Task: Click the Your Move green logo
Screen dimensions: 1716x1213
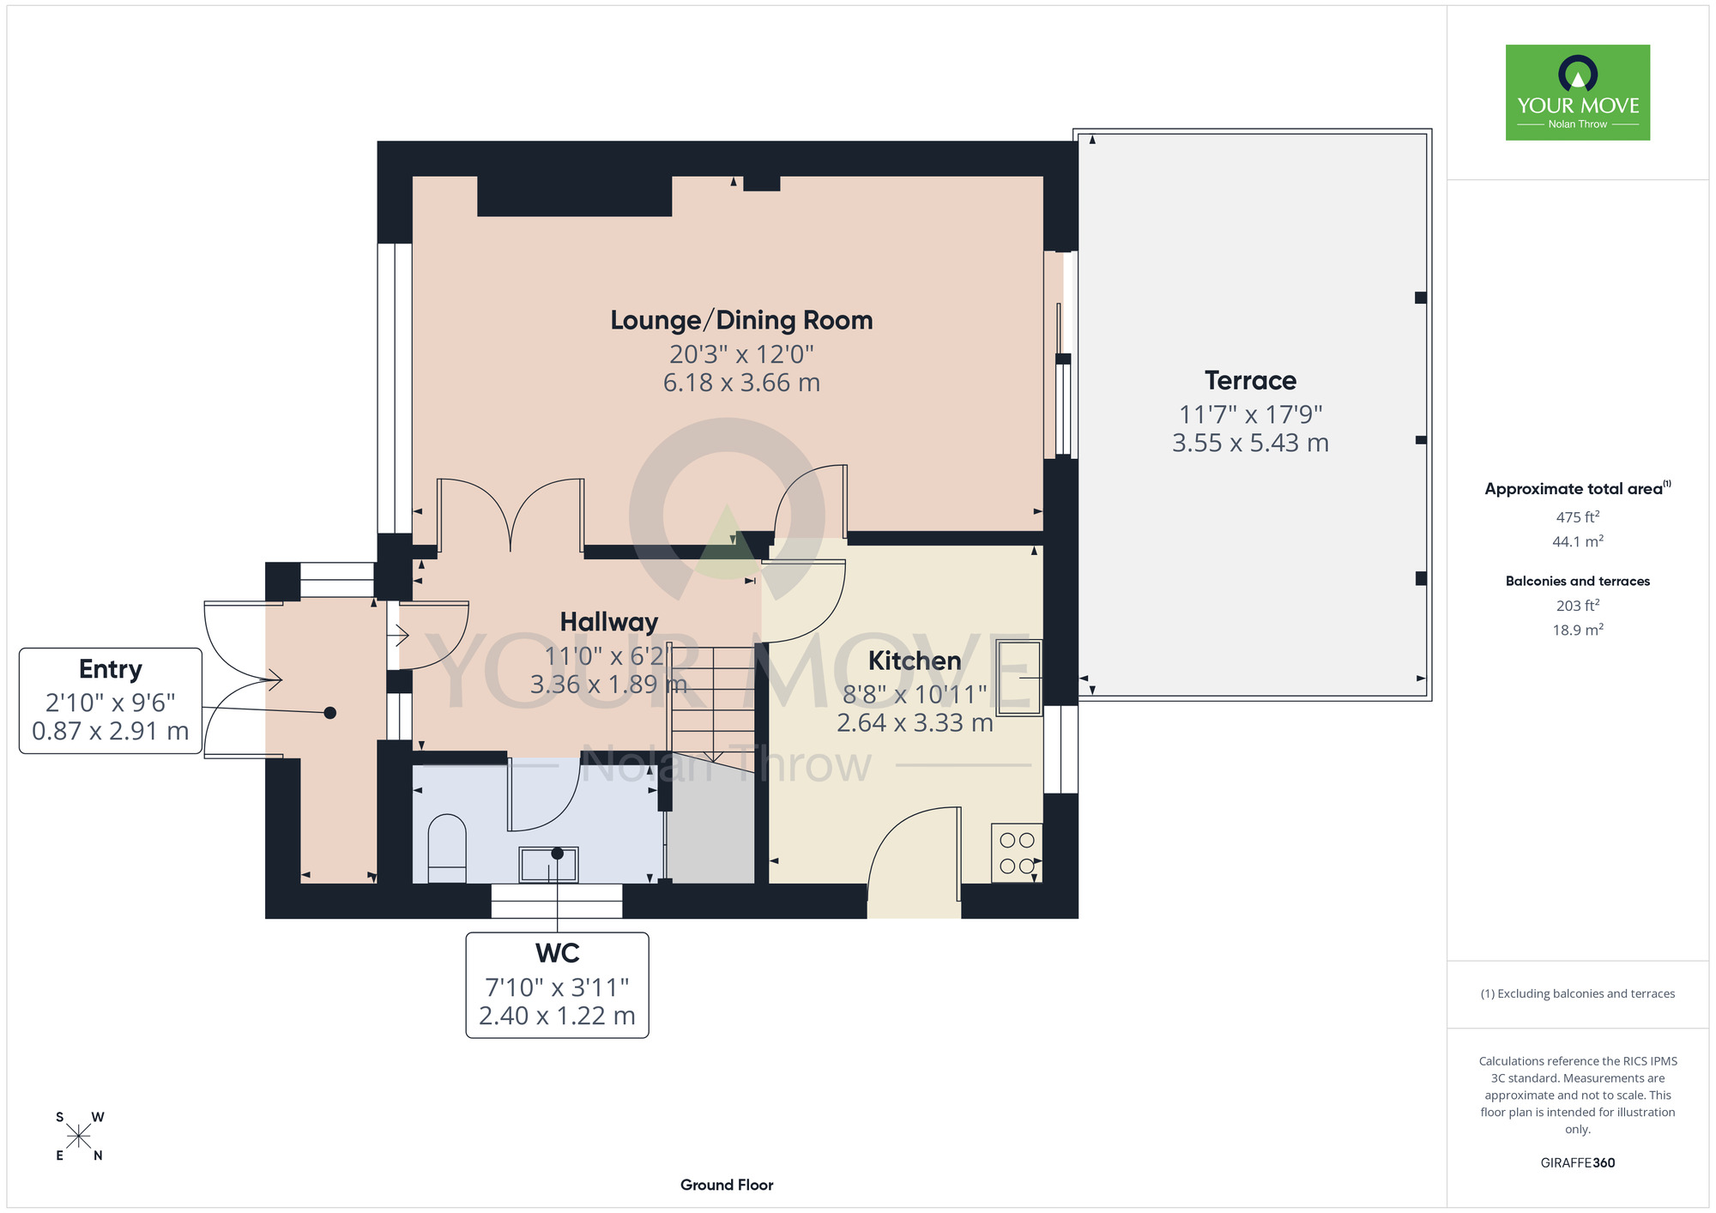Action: click(x=1578, y=93)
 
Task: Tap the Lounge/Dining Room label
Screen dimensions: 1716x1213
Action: click(x=741, y=320)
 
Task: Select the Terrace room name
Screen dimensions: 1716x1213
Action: click(x=1250, y=380)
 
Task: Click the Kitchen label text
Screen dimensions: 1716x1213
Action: click(x=915, y=661)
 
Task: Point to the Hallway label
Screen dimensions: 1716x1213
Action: click(x=609, y=622)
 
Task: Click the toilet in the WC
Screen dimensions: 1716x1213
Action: click(x=446, y=848)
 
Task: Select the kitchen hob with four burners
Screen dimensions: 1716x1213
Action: click(x=1017, y=854)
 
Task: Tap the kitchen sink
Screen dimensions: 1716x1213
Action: click(x=1019, y=678)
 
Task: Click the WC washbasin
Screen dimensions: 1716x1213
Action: click(x=548, y=865)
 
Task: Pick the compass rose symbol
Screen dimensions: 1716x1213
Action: click(x=79, y=1137)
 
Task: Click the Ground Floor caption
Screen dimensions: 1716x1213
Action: click(x=727, y=1185)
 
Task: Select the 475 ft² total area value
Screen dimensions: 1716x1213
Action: click(x=1578, y=517)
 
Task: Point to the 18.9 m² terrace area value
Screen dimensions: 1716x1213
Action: click(x=1578, y=630)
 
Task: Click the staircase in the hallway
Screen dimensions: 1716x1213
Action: click(x=713, y=703)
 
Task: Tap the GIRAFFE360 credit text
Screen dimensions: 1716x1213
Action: click(x=1578, y=1163)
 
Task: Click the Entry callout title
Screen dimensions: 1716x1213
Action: click(x=111, y=669)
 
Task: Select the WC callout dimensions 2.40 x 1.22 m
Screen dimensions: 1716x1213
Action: click(x=557, y=1016)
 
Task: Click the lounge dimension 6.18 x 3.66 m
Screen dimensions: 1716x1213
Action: click(x=741, y=383)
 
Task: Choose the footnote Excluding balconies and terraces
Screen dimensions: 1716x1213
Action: click(x=1578, y=993)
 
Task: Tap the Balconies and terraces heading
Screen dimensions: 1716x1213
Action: click(x=1578, y=581)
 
